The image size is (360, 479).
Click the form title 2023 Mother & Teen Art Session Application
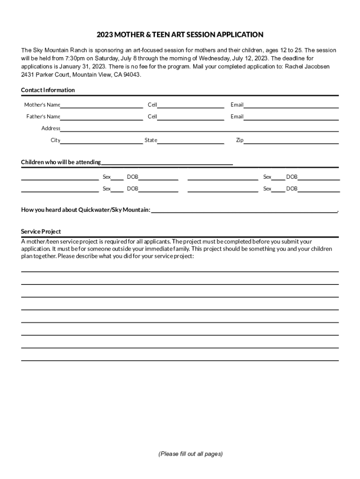pos(180,35)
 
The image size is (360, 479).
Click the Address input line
pos(199,129)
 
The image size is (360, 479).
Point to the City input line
pos(101,141)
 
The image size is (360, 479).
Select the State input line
pos(190,141)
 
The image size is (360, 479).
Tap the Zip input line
pos(291,141)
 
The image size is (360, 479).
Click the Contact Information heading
pos(48,90)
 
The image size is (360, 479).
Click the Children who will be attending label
pos(61,162)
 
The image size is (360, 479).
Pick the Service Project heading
pos(41,232)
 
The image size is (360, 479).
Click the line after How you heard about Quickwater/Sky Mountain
pos(244,210)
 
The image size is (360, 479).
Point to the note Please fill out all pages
pos(190,454)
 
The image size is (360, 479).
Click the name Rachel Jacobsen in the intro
pos(307,66)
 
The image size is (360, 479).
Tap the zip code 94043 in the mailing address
pos(131,75)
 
